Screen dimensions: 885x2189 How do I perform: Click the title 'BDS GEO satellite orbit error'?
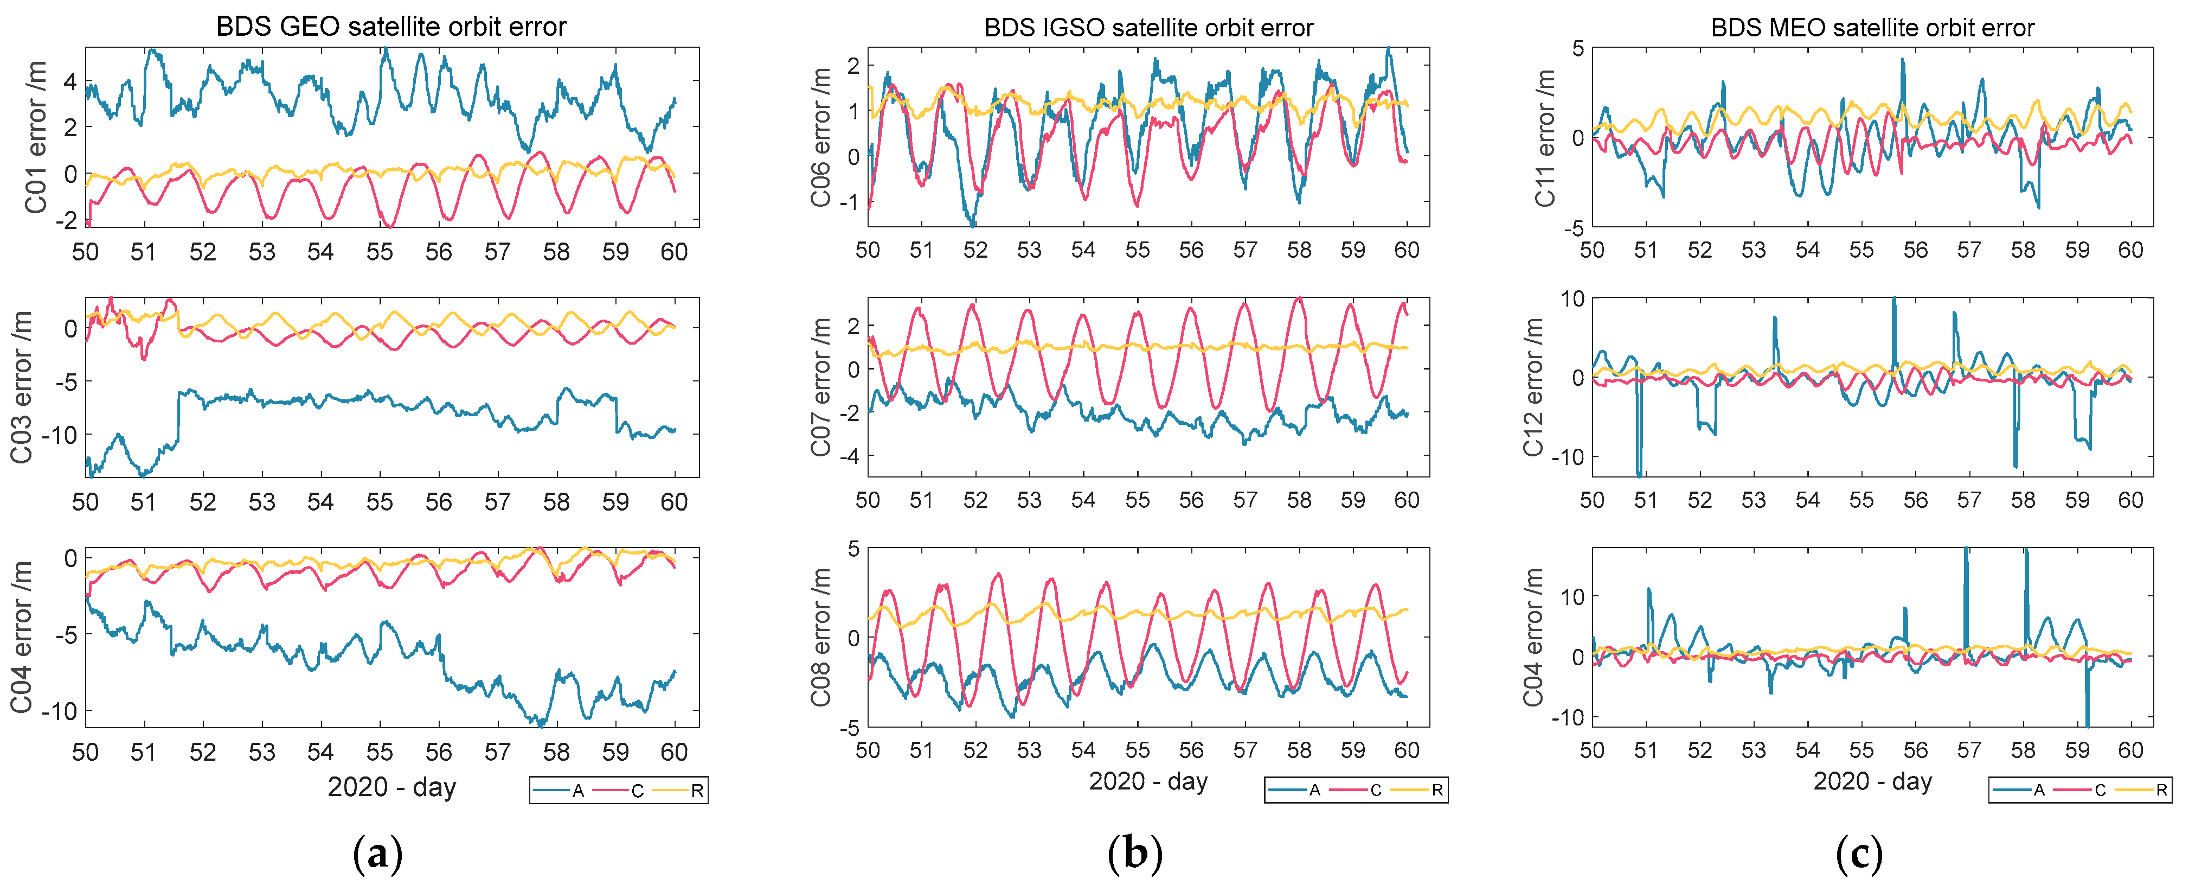coord(391,27)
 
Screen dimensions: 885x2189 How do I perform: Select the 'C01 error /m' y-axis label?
coord(36,137)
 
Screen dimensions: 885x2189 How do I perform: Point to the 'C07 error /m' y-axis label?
coord(820,387)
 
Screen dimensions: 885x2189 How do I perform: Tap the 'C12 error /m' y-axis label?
coord(1532,387)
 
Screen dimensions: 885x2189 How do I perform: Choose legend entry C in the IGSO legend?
coord(1376,790)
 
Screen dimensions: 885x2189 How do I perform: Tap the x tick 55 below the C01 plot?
coord(380,252)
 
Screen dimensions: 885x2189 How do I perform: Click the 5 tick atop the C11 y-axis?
coord(1577,48)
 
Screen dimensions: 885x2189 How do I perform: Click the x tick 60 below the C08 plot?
coord(1407,750)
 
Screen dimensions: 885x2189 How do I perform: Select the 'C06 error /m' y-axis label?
coord(820,137)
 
